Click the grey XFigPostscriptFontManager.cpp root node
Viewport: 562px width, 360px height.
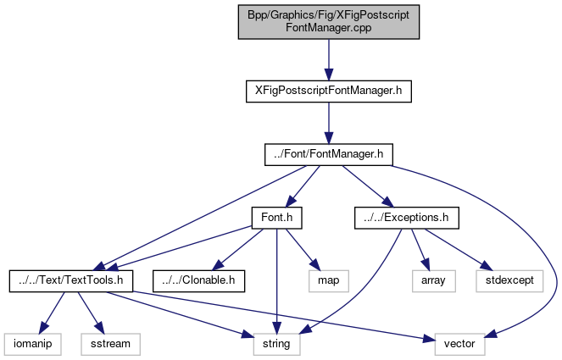point(328,23)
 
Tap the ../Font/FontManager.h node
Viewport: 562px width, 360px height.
point(328,153)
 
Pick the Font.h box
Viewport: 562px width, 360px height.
point(276,218)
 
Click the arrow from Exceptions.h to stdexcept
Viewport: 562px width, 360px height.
point(459,248)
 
